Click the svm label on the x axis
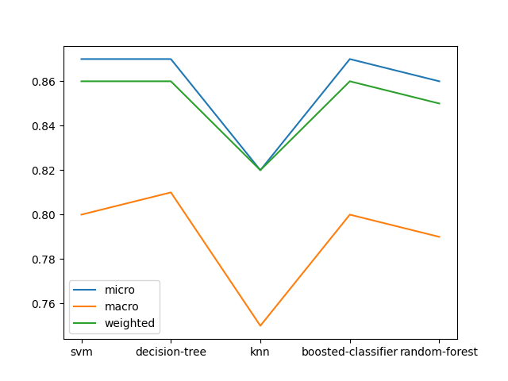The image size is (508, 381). (81, 352)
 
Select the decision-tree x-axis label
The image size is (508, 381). (171, 352)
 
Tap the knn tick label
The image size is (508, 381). (260, 352)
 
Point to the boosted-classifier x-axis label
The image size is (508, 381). (349, 352)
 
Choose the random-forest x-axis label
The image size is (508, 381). (439, 352)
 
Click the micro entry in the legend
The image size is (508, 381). (119, 291)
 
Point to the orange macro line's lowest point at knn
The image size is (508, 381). (260, 325)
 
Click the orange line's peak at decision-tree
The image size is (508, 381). (171, 192)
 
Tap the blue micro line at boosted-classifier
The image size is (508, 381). (350, 59)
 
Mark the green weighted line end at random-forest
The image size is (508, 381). (440, 103)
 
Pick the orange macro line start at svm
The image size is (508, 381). (81, 214)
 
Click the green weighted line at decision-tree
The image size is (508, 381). (171, 81)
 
